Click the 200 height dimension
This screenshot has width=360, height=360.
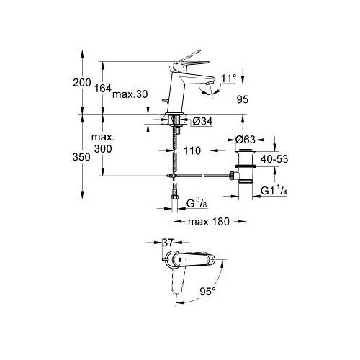pos(82,83)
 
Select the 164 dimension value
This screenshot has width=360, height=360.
pos(103,89)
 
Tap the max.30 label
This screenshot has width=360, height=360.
pos(130,94)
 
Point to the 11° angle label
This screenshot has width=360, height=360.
pos(229,78)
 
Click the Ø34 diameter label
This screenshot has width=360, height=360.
pos(202,122)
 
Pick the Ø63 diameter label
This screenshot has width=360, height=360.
pos(246,140)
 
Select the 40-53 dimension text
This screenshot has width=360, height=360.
pos(274,159)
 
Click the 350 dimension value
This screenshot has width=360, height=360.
pos(81,157)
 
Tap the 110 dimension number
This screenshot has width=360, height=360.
pos(192,150)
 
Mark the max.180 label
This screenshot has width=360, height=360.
pos(209,222)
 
